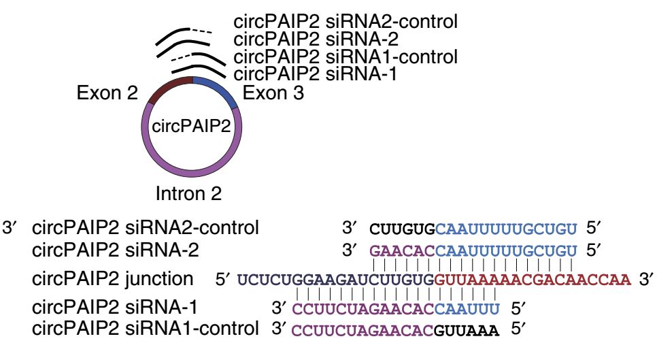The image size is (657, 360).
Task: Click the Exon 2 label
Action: [108, 92]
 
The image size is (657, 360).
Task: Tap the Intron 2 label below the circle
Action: [189, 194]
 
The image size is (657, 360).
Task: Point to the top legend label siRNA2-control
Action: [345, 21]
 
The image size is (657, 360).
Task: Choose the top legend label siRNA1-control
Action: [345, 56]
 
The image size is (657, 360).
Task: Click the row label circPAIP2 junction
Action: [113, 278]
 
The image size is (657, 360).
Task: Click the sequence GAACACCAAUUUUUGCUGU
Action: [473, 250]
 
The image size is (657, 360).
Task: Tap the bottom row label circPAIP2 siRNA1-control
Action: [147, 330]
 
